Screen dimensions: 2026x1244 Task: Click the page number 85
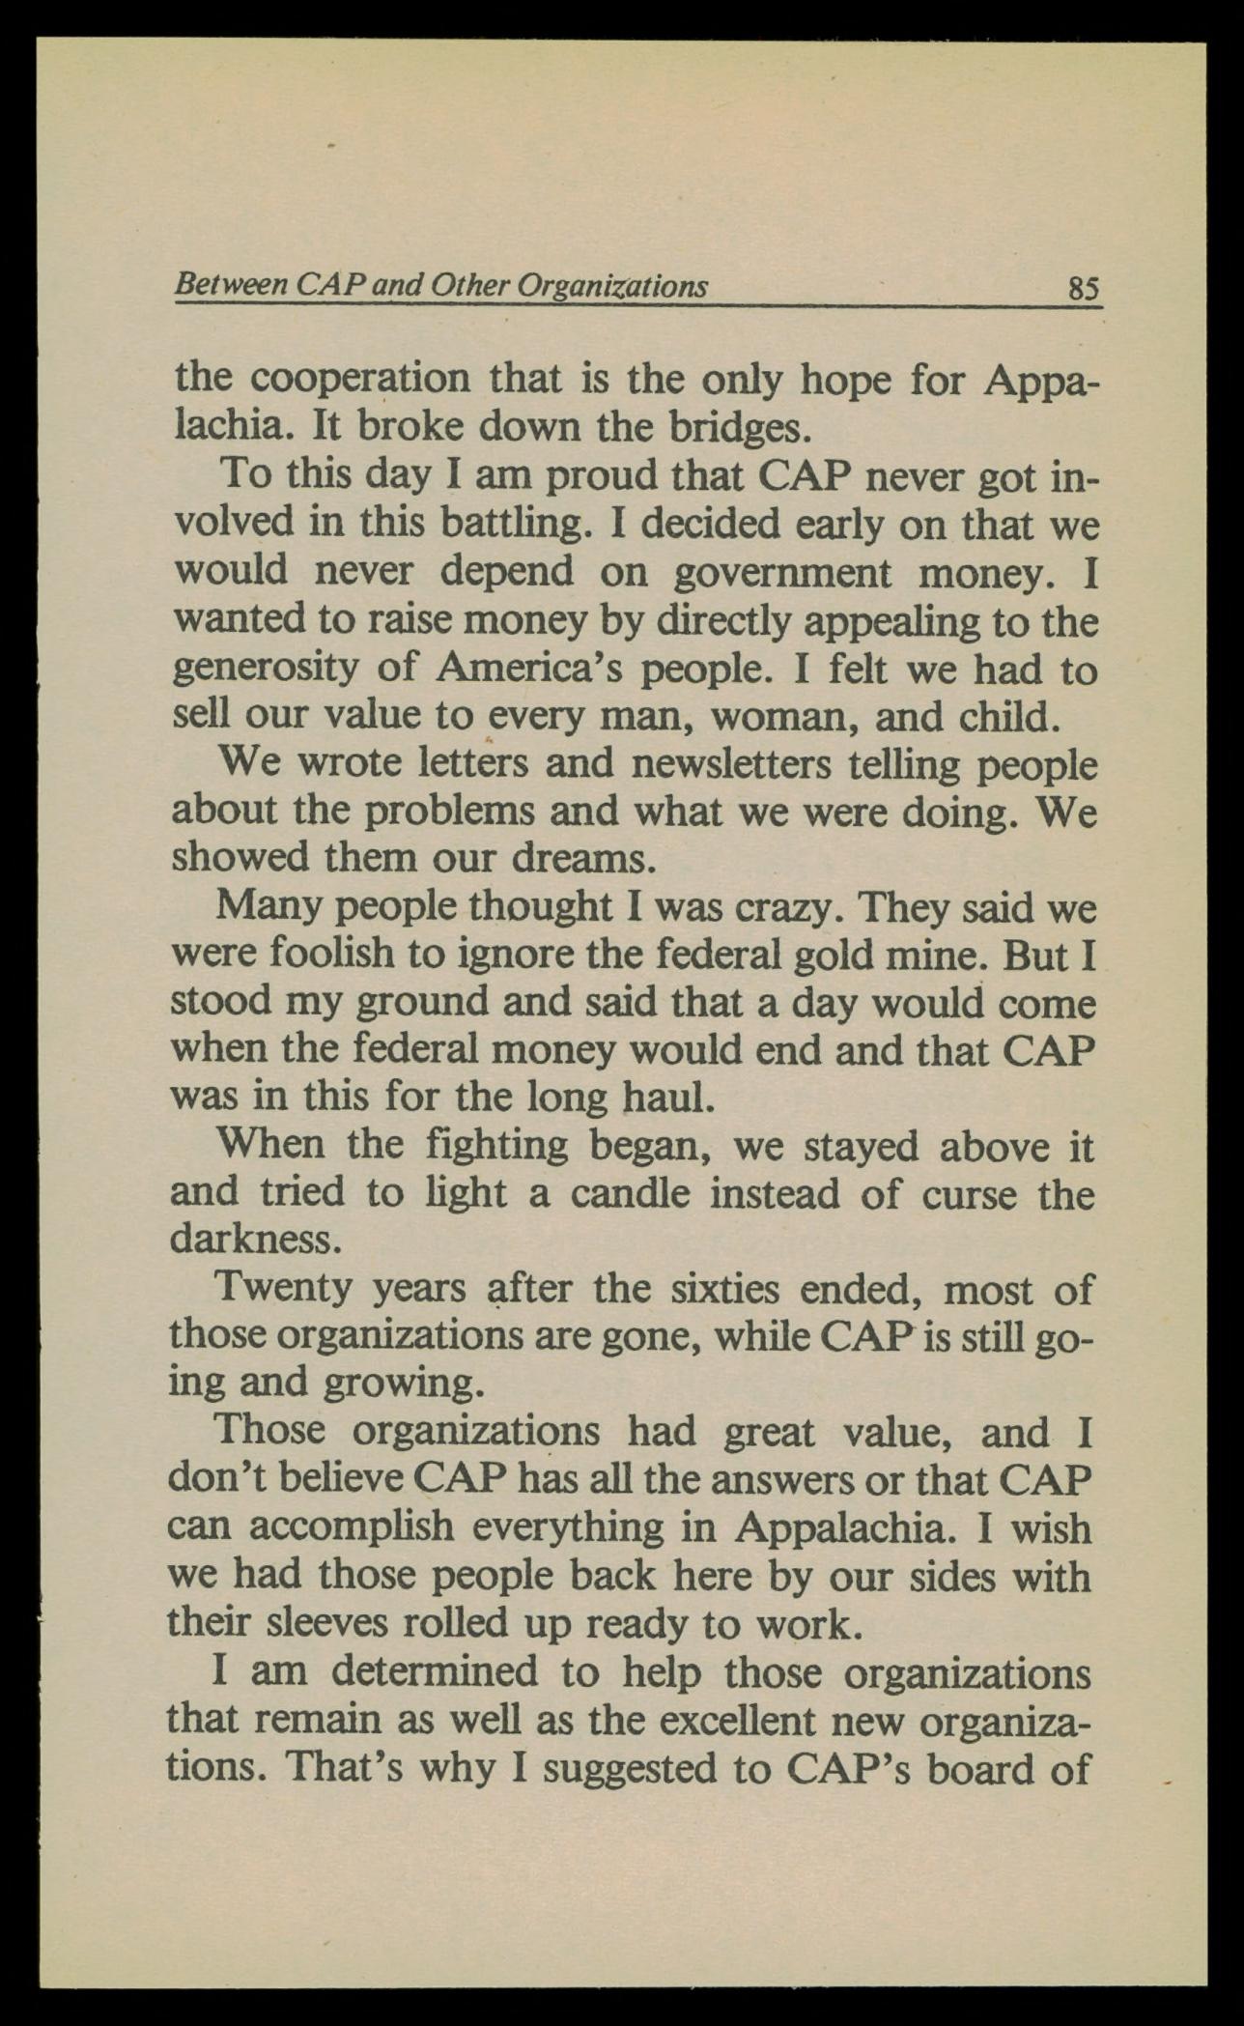pos(1083,288)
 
